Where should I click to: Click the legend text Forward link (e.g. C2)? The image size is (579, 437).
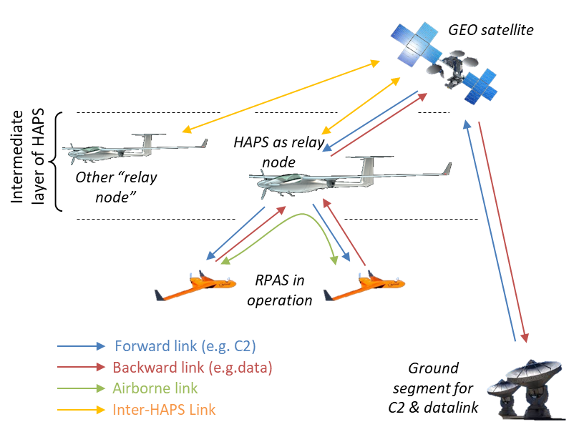[x=185, y=346]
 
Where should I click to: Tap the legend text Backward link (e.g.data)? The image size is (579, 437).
[x=193, y=368]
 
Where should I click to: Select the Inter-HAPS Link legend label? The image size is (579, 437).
[x=164, y=410]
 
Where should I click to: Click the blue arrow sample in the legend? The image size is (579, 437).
[x=81, y=346]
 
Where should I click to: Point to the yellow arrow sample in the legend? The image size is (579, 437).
[x=81, y=410]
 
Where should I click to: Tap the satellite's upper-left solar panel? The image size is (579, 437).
[x=414, y=39]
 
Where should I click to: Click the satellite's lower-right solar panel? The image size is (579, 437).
[x=480, y=86]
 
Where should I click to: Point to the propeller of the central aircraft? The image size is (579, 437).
[x=263, y=185]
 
